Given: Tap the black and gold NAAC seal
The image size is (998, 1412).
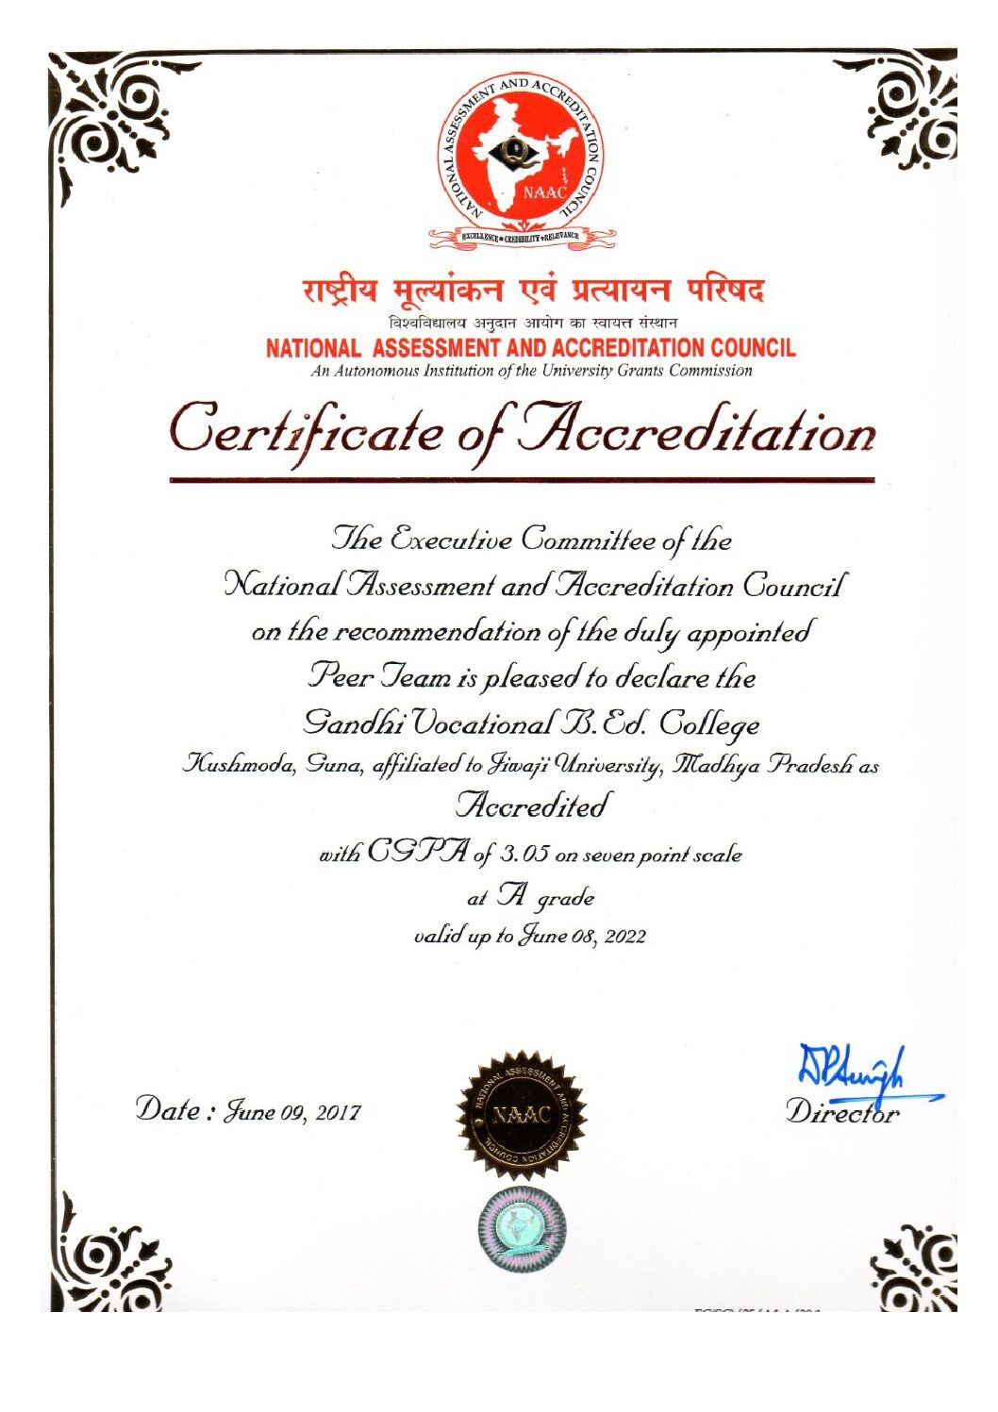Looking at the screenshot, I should click(x=522, y=1116).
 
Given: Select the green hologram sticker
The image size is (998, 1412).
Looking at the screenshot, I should click(x=522, y=1231).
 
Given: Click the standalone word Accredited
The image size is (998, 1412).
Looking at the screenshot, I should click(x=531, y=806).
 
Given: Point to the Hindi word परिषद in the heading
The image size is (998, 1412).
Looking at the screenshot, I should click(x=724, y=290).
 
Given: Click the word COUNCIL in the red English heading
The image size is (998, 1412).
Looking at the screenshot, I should click(x=753, y=348).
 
